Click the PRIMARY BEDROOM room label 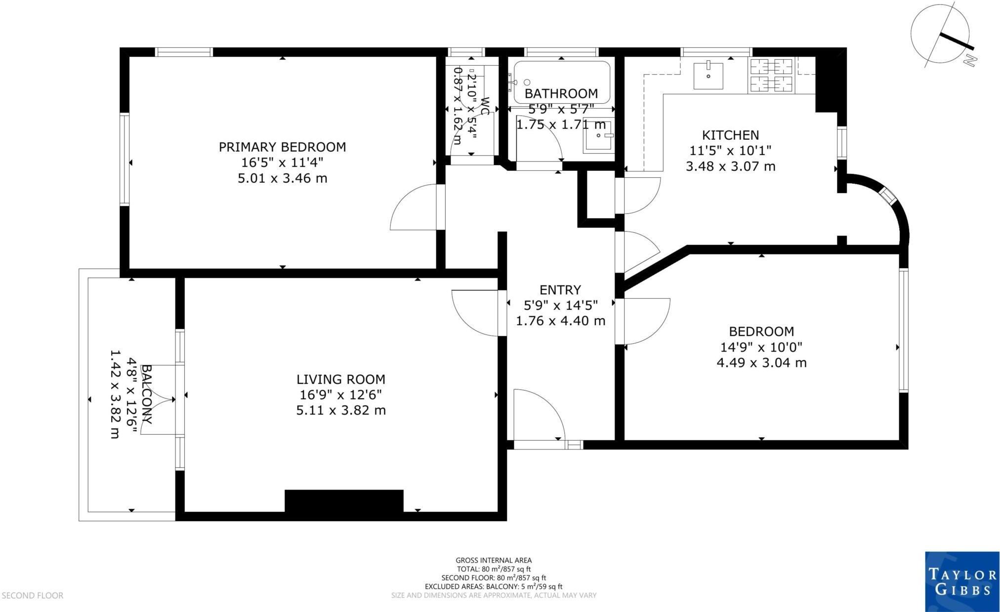click(282, 147)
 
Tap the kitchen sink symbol click(708, 76)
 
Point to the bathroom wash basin click(598, 136)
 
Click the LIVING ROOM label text click(340, 379)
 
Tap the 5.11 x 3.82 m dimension click(340, 410)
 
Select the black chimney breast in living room click(344, 500)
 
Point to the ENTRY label click(560, 290)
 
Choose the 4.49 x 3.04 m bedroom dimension click(761, 363)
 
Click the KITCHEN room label click(730, 135)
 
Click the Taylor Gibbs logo click(961, 581)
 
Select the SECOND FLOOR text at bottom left click(32, 596)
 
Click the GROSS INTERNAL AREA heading click(493, 560)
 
